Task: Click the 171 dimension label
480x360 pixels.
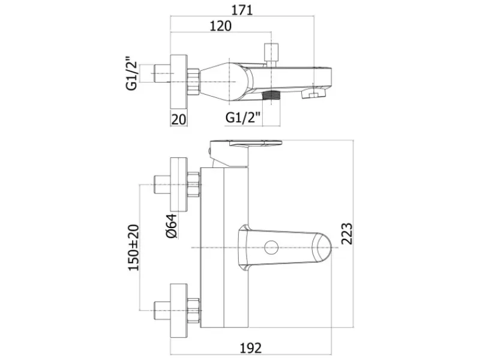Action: (x=242, y=10)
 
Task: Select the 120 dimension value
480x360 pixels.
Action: (x=220, y=26)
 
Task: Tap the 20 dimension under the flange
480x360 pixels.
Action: (x=178, y=119)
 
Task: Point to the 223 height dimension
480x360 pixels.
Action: (x=347, y=233)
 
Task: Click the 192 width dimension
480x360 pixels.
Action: (x=251, y=348)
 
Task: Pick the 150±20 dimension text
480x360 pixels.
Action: (x=133, y=248)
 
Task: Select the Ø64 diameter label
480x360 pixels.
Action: (x=172, y=226)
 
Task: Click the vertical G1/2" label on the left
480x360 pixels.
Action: (x=131, y=73)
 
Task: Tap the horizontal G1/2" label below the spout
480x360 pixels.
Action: (x=243, y=117)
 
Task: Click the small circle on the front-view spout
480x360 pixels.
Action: (x=271, y=247)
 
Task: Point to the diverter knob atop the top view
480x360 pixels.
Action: (x=272, y=55)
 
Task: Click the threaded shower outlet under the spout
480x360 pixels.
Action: (x=272, y=95)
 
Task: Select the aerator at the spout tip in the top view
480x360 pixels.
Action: (x=314, y=93)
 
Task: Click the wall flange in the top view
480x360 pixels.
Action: (x=178, y=82)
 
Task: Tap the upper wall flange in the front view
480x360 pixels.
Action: (x=178, y=184)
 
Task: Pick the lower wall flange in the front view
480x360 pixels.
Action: (x=178, y=310)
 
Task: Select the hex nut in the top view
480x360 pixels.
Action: (x=193, y=82)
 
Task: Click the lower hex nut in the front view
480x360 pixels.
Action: (x=194, y=310)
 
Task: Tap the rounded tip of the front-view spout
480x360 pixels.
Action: (x=324, y=247)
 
